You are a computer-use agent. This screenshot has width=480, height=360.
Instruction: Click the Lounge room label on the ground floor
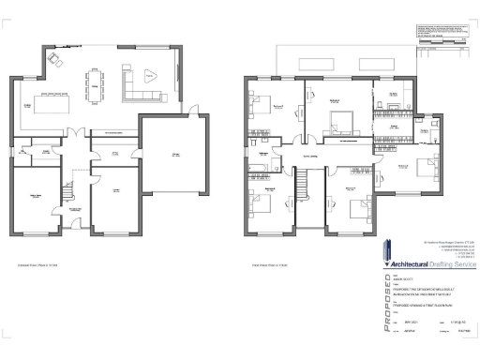[x=114, y=189]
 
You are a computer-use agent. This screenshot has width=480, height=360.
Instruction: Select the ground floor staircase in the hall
[x=67, y=192]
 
